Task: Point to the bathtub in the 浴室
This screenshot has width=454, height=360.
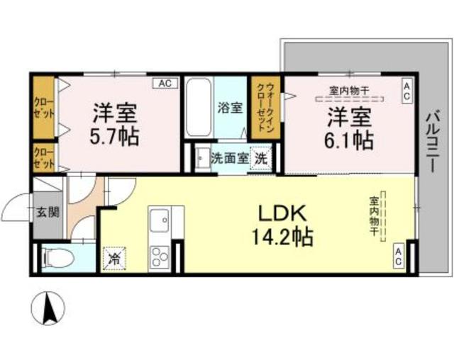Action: click(x=199, y=108)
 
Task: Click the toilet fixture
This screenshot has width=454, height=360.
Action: click(x=55, y=257)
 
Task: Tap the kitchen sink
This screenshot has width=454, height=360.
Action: click(x=159, y=220)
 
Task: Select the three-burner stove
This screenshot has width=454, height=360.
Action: click(x=160, y=257)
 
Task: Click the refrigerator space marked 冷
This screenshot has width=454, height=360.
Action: click(x=115, y=258)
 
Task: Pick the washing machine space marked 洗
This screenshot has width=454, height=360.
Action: click(x=261, y=158)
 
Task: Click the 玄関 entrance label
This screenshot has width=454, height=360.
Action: click(x=48, y=212)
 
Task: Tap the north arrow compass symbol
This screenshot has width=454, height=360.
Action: click(x=48, y=308)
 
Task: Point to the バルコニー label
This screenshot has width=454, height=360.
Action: click(x=433, y=142)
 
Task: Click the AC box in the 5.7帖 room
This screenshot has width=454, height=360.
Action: click(x=166, y=84)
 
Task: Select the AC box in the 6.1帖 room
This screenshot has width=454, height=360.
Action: click(x=406, y=91)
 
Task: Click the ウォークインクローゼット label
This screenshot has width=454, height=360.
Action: click(x=265, y=107)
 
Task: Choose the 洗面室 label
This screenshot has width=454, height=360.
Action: click(x=230, y=159)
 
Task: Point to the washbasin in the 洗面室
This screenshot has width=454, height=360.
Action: click(x=203, y=158)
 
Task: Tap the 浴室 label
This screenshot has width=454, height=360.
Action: click(x=230, y=108)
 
